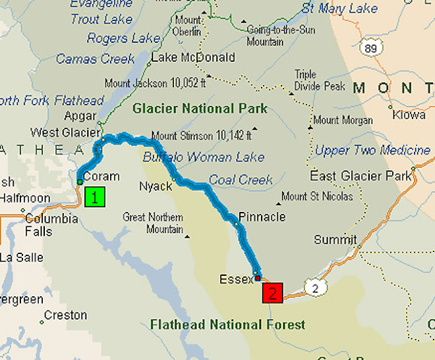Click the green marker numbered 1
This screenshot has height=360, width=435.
pos(96,198)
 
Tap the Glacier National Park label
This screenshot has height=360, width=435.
pos(200,109)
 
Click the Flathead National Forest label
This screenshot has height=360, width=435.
pos(228,325)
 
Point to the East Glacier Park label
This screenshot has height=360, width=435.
pos(360,177)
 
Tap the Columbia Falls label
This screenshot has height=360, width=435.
pos(52,225)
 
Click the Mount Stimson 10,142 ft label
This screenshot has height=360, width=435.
pos(201,134)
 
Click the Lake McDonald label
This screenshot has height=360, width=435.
pos(193,58)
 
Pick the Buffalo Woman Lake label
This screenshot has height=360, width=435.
pos(204,158)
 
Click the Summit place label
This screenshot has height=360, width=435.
pos(335,240)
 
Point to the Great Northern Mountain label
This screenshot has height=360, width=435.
pos(153,223)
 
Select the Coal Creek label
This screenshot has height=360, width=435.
pos(241,180)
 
